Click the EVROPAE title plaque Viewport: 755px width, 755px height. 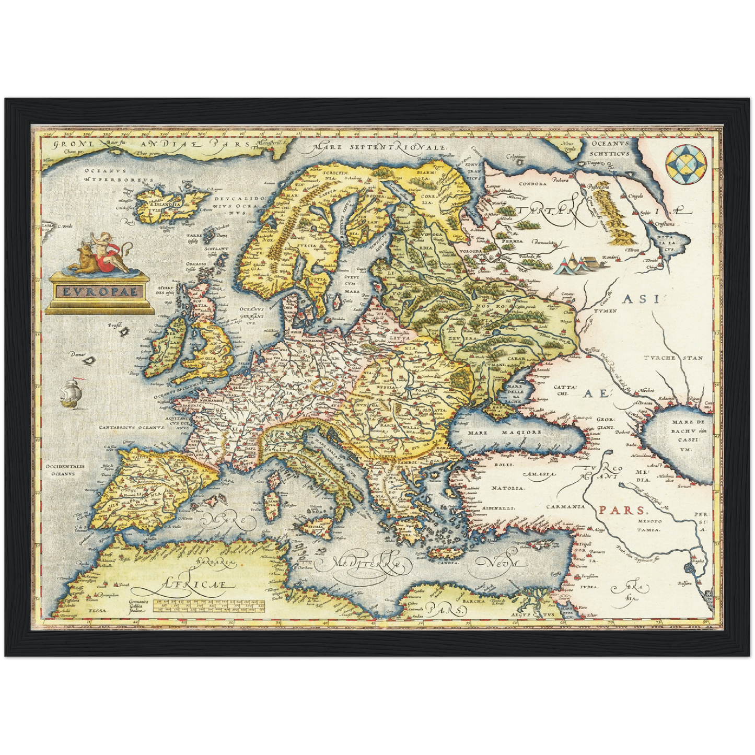click(x=99, y=291)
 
